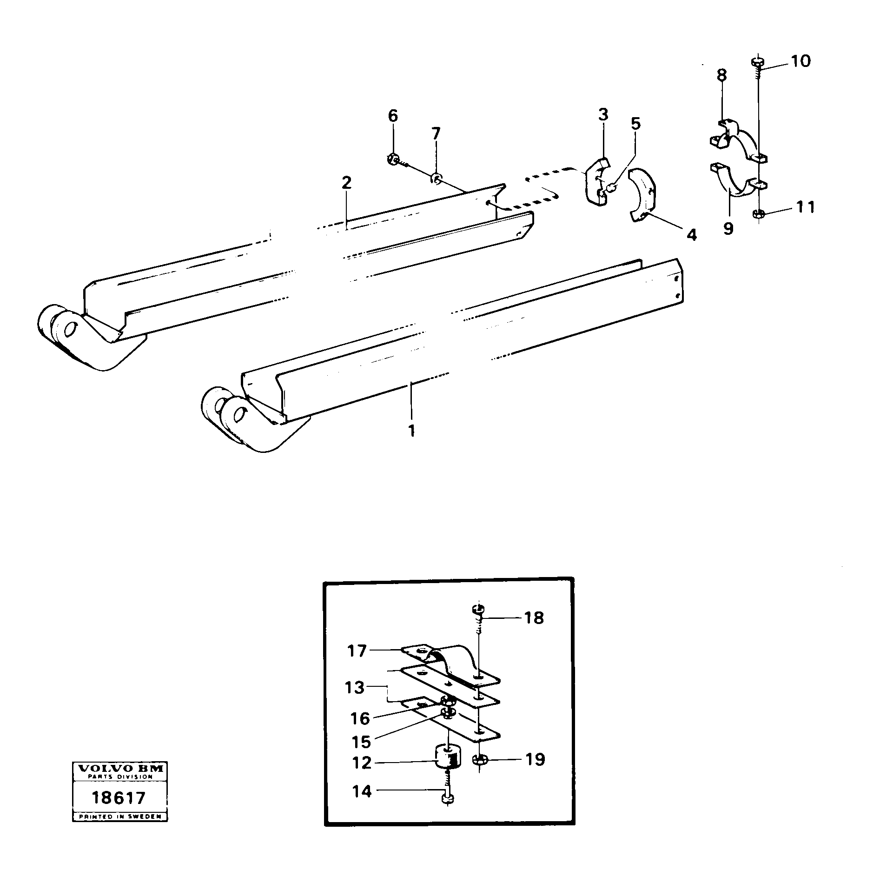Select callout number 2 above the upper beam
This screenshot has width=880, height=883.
tap(346, 183)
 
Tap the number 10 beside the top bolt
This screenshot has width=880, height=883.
tap(801, 61)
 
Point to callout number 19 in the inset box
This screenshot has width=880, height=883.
tap(535, 759)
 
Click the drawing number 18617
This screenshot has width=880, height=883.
tap(119, 798)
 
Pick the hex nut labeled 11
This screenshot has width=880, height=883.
tap(758, 214)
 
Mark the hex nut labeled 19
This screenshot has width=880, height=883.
tap(479, 760)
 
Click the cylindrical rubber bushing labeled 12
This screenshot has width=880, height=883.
tap(447, 761)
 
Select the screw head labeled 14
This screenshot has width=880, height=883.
tap(447, 812)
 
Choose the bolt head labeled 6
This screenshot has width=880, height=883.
tap(392, 159)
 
